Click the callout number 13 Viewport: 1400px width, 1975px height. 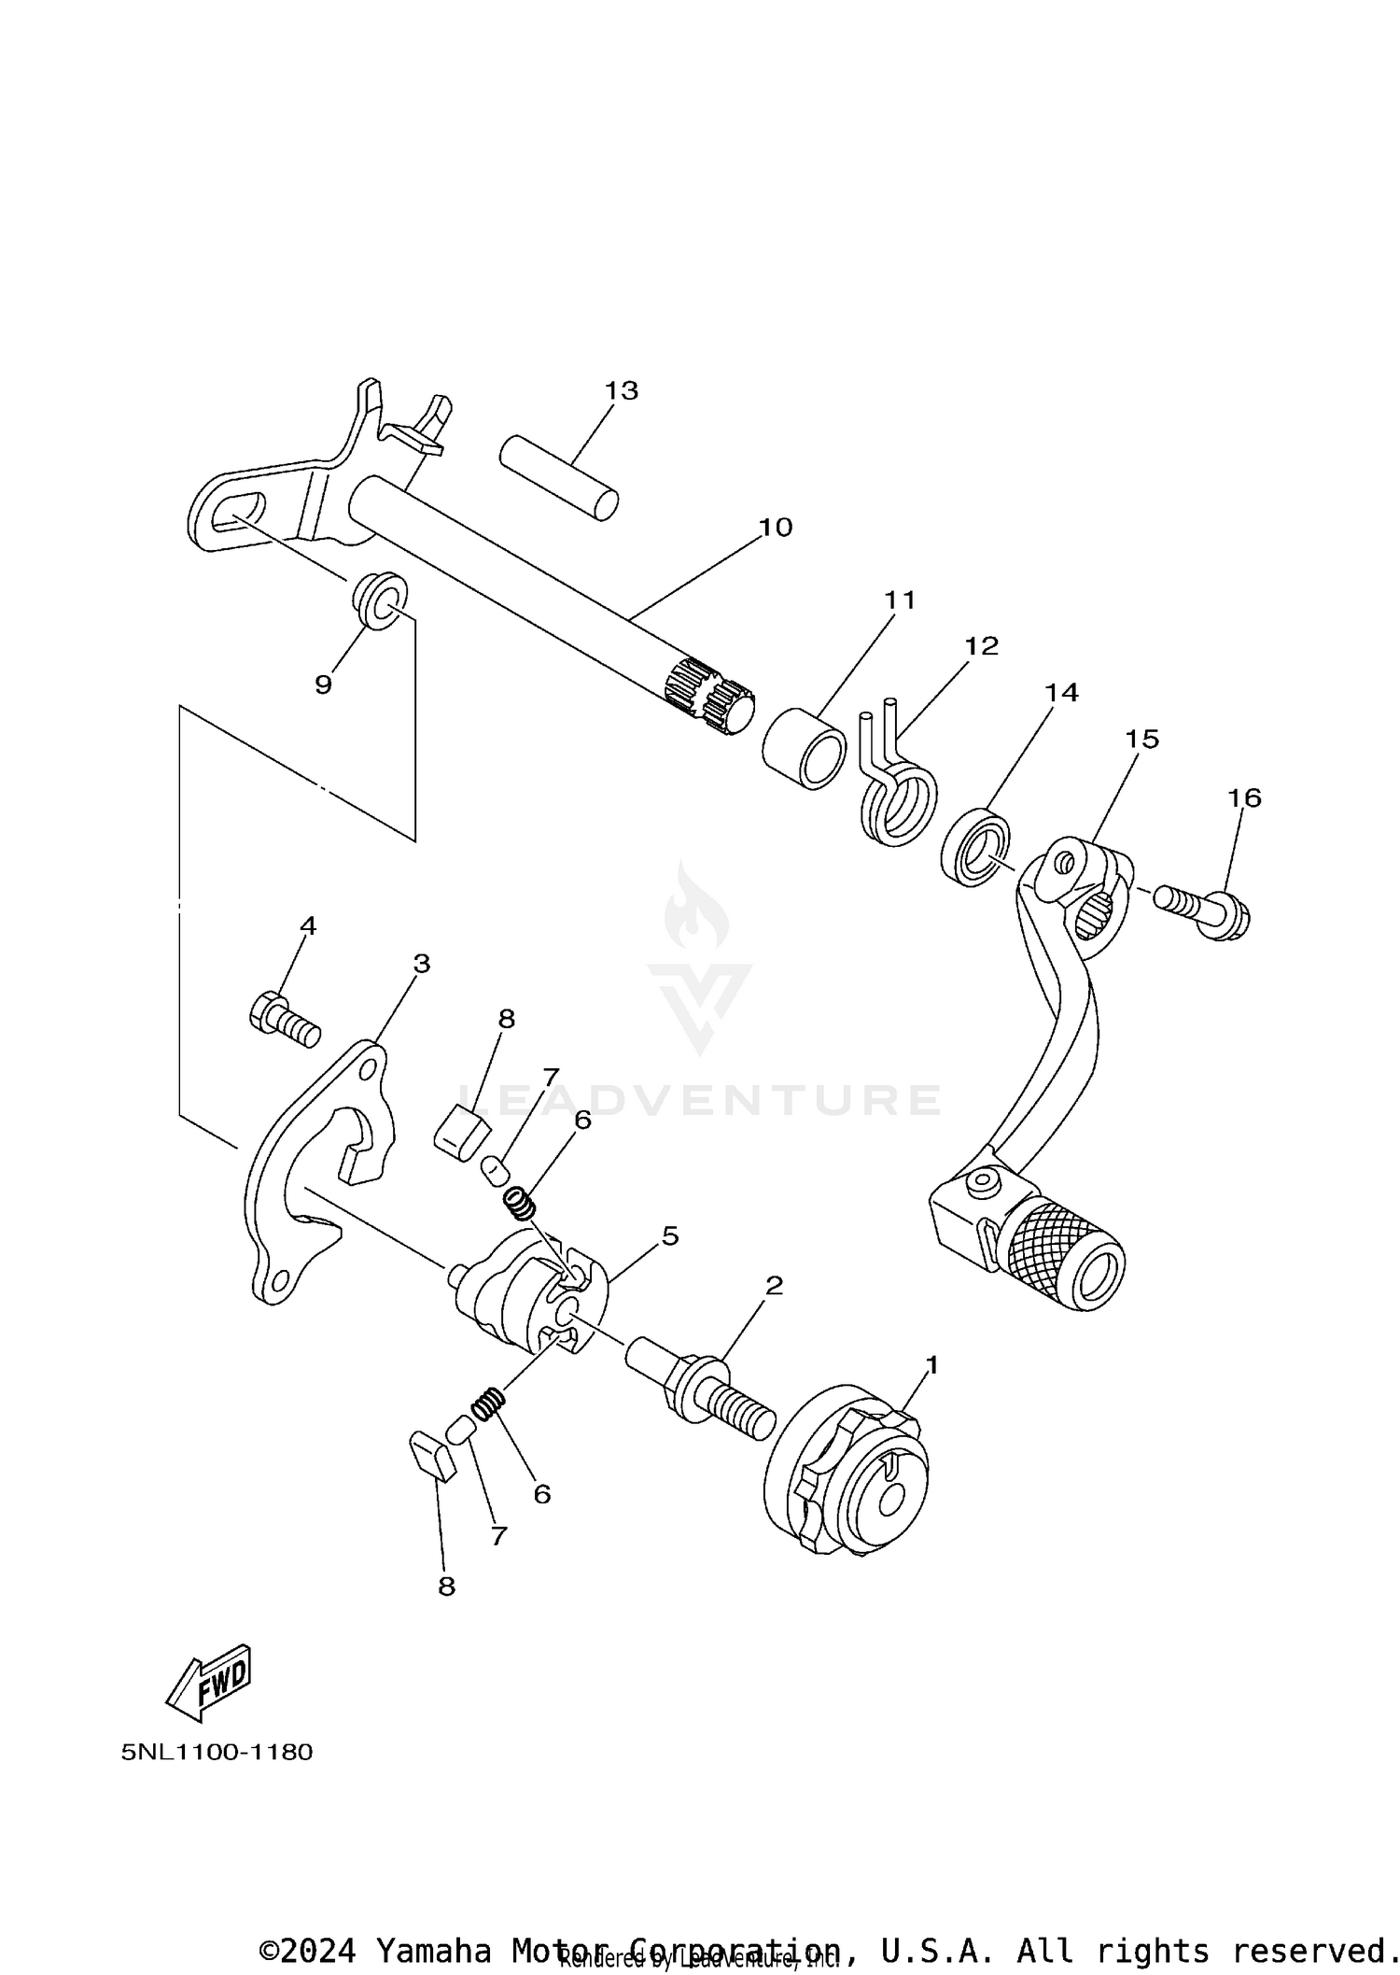point(621,390)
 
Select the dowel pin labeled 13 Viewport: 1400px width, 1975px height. point(558,477)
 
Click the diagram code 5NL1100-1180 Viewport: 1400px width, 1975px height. point(217,1751)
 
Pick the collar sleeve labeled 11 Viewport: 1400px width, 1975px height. point(804,750)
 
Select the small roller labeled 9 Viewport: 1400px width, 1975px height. point(380,600)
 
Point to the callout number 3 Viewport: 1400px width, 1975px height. point(421,963)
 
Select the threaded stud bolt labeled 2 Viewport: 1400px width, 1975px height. point(700,1391)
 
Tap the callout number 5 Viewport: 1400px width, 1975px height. point(670,1235)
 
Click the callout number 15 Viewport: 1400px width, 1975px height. point(1141,739)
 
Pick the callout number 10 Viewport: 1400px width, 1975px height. point(775,528)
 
